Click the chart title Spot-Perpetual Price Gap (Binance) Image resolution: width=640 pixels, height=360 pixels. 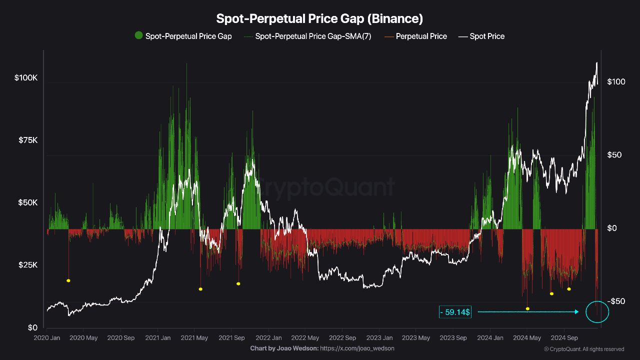pyautogui.click(x=319, y=19)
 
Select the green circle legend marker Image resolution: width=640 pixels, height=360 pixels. pyautogui.click(x=138, y=35)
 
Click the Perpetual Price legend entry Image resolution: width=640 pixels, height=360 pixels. pyautogui.click(x=421, y=36)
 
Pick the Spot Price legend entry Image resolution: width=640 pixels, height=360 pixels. pyautogui.click(x=487, y=36)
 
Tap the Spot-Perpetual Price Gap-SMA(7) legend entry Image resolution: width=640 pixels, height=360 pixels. pyautogui.click(x=313, y=36)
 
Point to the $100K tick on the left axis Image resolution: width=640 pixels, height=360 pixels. pyautogui.click(x=26, y=78)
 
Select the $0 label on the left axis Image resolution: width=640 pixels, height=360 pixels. pyautogui.click(x=32, y=327)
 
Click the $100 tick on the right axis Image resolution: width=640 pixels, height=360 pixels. pyautogui.click(x=616, y=81)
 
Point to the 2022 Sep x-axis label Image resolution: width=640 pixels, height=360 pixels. pyautogui.click(x=342, y=338)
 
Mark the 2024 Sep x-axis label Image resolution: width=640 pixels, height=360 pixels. pyautogui.click(x=564, y=338)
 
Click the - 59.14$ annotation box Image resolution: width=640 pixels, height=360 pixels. pyautogui.click(x=455, y=312)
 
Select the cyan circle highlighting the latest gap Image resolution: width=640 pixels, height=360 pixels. pyautogui.click(x=597, y=312)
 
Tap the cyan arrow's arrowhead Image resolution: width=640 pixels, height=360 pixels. pyautogui.click(x=576, y=312)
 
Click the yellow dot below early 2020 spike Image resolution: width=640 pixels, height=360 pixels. pyautogui.click(x=68, y=280)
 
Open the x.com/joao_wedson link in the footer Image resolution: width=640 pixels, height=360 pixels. pyautogui.click(x=357, y=348)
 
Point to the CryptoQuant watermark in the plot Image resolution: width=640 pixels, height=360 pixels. pyautogui.click(x=325, y=187)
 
